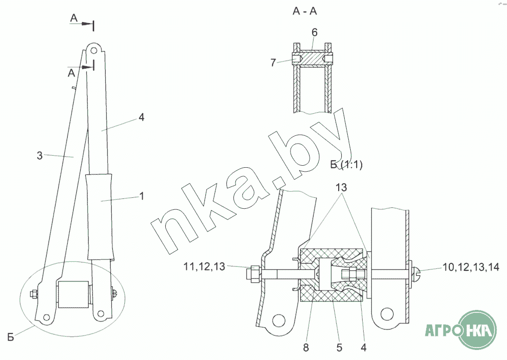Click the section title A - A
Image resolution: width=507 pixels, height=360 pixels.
click(305, 12)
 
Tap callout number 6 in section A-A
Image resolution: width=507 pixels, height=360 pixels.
click(315, 33)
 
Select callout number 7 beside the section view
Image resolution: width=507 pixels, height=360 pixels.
click(273, 63)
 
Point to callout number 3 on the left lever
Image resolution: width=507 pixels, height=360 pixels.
click(40, 156)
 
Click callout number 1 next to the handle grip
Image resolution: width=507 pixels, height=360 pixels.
click(141, 196)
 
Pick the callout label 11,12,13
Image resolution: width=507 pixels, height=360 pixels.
click(204, 266)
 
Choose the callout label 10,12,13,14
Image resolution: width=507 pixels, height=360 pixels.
click(471, 267)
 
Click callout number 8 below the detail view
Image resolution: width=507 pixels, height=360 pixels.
click(306, 347)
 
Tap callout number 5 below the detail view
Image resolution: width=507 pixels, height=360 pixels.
click(339, 347)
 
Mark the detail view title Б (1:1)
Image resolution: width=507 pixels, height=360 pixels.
click(346, 165)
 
